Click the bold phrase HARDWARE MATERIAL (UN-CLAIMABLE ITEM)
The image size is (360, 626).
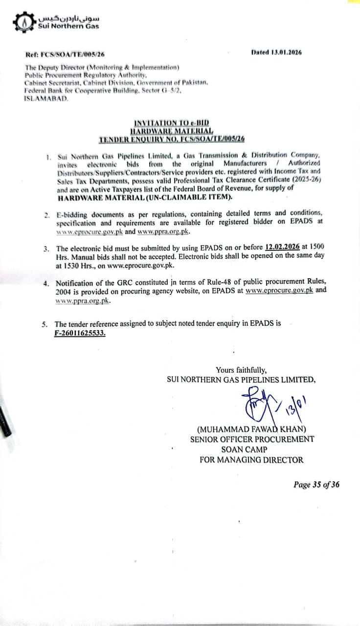[x=145, y=198]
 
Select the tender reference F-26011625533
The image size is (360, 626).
[x=80, y=333]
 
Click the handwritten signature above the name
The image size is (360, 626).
[x=267, y=403]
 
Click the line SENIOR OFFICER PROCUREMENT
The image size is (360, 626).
[x=252, y=439]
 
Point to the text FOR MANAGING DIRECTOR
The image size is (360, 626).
[x=251, y=460]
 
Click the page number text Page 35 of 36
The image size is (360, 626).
[x=316, y=485]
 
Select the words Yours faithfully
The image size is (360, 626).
[x=241, y=370]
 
